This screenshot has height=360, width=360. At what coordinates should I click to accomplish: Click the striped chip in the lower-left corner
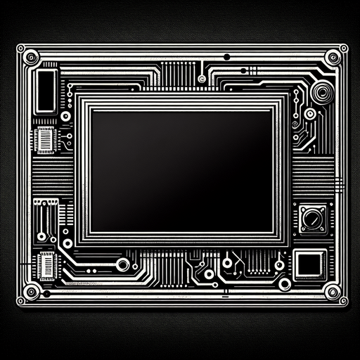tap(47, 265)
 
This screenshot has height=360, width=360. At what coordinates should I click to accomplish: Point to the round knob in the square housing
tap(310, 217)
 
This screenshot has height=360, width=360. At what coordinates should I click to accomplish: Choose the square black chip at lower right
tap(307, 264)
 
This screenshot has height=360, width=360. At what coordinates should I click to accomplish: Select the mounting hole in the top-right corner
tap(333, 55)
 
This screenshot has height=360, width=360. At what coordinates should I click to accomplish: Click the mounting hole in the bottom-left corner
tap(29, 292)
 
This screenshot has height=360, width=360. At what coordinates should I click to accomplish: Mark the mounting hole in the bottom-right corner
tap(331, 292)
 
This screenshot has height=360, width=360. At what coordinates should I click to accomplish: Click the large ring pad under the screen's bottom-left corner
tap(123, 264)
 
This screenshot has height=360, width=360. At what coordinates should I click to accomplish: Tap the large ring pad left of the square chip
tap(284, 283)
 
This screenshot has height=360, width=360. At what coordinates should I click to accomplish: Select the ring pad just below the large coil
tap(310, 114)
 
